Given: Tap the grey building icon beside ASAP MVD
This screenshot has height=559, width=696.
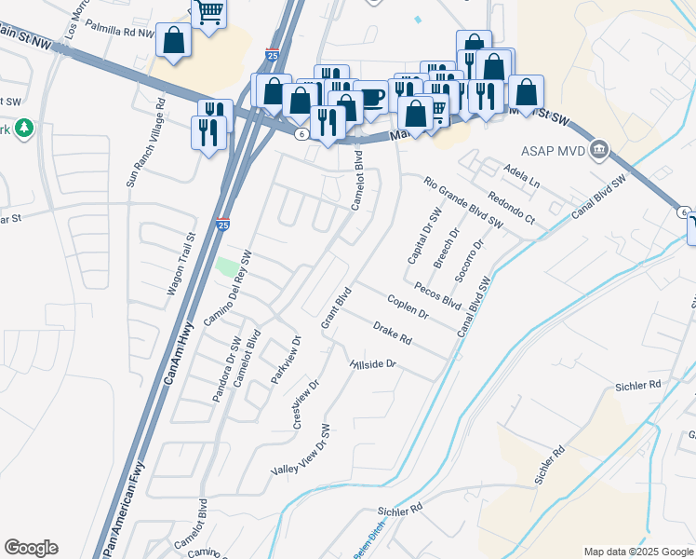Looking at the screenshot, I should (599, 149).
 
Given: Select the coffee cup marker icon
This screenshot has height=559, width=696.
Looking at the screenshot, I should (370, 98).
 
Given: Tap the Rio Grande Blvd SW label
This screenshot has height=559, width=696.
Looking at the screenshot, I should (462, 203).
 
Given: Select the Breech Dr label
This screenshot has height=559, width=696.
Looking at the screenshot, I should (448, 248).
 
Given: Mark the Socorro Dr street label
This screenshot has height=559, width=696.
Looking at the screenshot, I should (470, 261).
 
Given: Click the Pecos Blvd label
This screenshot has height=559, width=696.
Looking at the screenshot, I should (437, 296).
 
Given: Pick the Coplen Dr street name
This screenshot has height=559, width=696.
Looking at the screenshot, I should (408, 307).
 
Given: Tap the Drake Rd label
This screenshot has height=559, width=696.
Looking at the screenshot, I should (392, 332).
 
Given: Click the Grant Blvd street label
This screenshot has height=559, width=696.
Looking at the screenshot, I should (334, 307).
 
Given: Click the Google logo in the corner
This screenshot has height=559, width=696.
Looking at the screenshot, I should (31, 548).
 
